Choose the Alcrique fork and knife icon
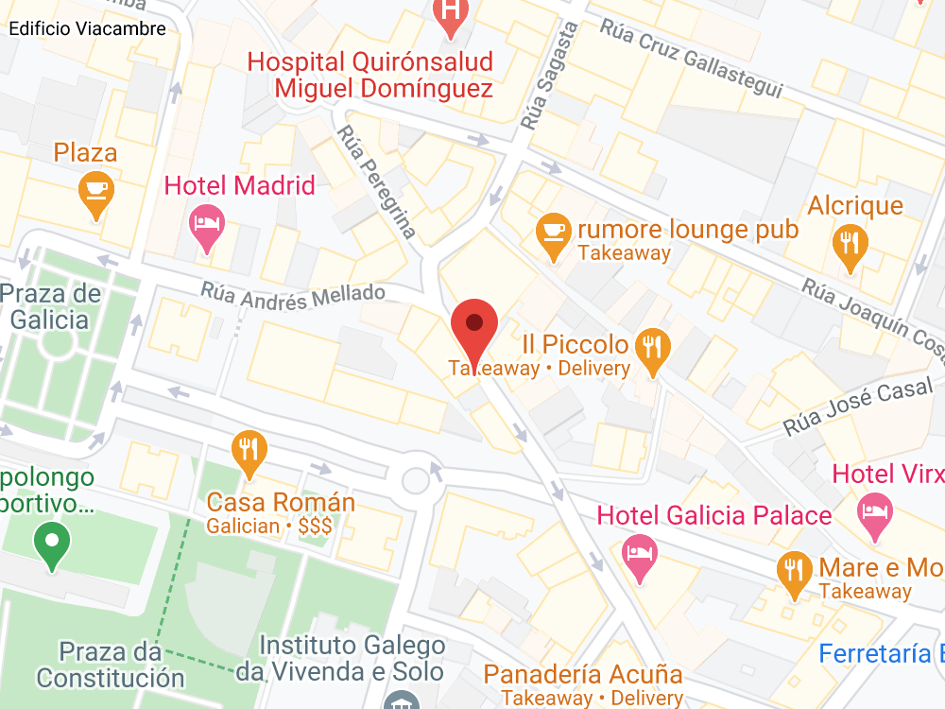(850, 243)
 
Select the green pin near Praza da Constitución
(52, 545)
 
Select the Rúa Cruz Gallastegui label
(692, 57)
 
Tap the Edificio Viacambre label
(87, 28)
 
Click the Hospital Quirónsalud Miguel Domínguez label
(370, 76)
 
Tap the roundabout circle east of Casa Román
(416, 480)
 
